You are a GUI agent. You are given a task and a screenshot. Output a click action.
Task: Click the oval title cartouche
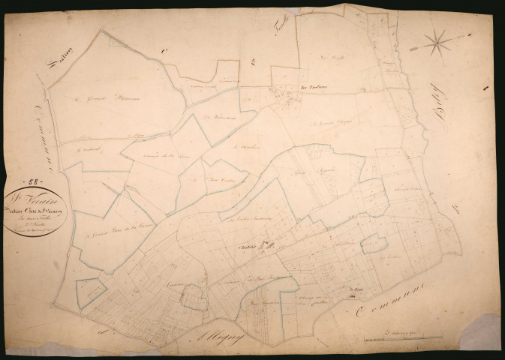point(34,212)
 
